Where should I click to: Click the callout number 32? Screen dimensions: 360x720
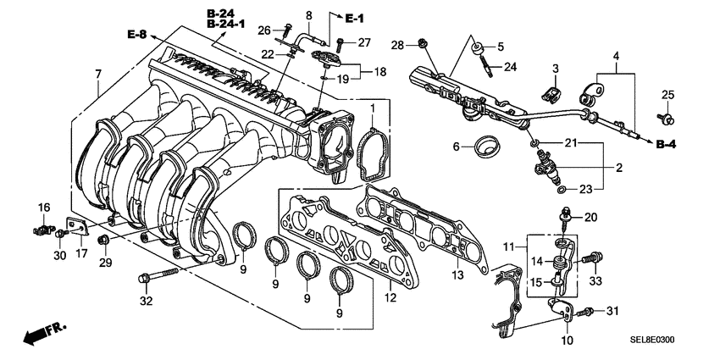146,301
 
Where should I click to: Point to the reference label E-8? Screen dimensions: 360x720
137,35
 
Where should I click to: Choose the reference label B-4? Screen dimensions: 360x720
667,146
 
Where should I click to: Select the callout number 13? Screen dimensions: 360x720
456,275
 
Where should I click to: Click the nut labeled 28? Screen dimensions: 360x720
421,42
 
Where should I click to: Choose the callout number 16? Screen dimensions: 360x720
43,207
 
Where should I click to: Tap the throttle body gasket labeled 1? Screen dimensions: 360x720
372,147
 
